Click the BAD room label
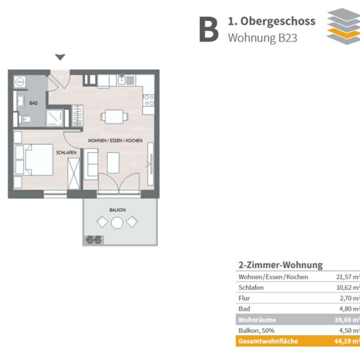coord(33,103)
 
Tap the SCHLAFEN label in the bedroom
coord(66,152)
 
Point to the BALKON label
coord(118,210)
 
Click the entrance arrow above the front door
coord(60,57)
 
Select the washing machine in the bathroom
coord(20,82)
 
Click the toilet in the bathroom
coord(25,119)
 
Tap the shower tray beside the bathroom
coord(55,118)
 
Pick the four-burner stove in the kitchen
coord(149,100)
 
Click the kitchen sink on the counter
coord(126,80)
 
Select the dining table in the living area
coord(115,116)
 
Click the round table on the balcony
coord(117,223)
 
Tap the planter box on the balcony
coord(93,240)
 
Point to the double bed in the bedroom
coord(34,160)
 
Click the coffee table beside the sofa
coord(113,163)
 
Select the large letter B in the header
coord(209,29)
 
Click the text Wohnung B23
coord(262,38)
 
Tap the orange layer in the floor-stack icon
coord(343,34)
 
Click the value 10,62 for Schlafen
coord(344,287)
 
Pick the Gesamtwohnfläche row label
coord(268,341)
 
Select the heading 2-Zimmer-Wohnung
coord(281,265)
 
